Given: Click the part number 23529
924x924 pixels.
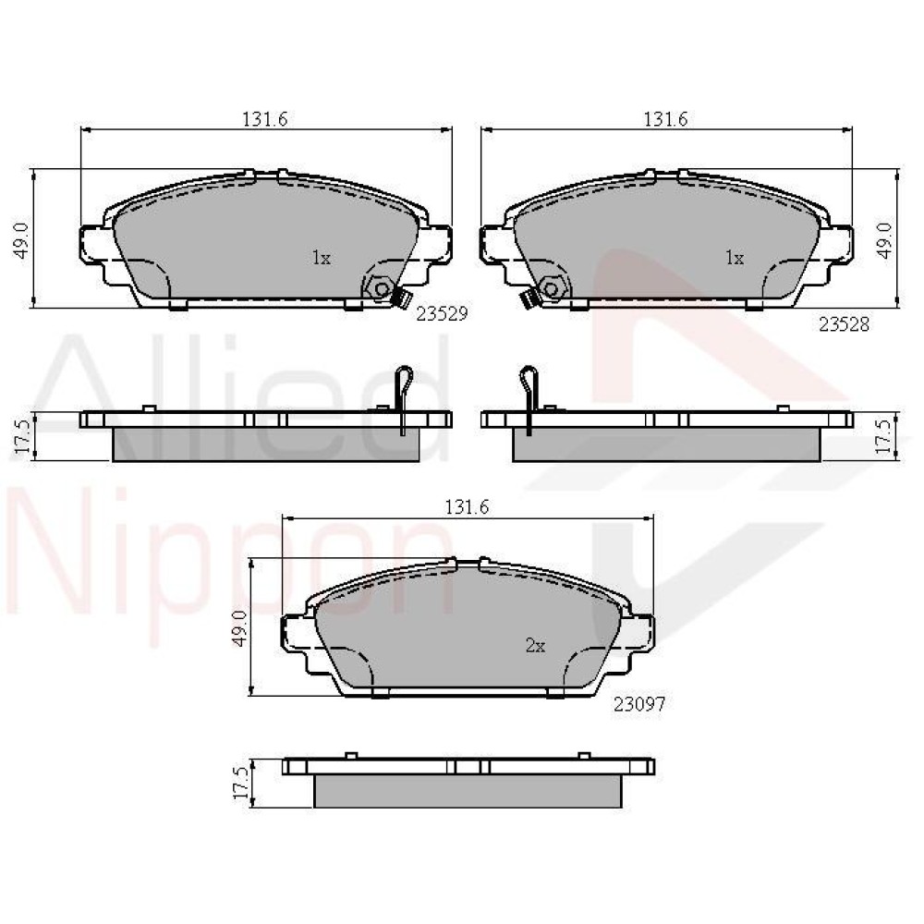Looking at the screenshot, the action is pyautogui.click(x=442, y=314).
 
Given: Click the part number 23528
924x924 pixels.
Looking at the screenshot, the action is pyautogui.click(x=844, y=324).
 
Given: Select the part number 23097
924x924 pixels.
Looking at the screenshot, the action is pyautogui.click(x=639, y=703).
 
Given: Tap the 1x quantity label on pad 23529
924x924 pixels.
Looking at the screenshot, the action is pyautogui.click(x=322, y=258).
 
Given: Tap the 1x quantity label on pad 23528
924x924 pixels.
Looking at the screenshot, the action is pyautogui.click(x=735, y=258).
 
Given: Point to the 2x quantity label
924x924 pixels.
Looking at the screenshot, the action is pyautogui.click(x=535, y=647).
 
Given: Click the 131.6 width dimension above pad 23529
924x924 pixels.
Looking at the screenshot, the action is pyautogui.click(x=265, y=119).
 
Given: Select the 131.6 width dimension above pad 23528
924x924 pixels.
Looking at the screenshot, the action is pyautogui.click(x=666, y=119).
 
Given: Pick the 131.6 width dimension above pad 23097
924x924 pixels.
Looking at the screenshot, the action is pyautogui.click(x=468, y=506).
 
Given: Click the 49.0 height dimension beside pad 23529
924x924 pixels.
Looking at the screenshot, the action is pyautogui.click(x=22, y=240).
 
